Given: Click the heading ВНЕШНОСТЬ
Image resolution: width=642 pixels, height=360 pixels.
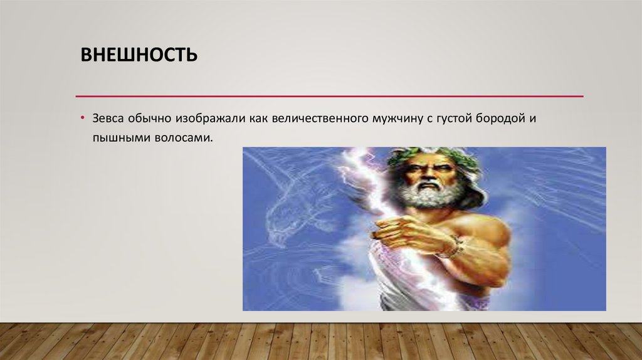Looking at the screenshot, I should coord(139,56).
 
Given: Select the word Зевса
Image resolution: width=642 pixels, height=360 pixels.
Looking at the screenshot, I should coord(108,119).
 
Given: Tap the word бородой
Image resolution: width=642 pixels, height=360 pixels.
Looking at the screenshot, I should coord(500,119).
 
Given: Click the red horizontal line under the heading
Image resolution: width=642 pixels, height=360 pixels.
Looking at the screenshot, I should coord(329,97).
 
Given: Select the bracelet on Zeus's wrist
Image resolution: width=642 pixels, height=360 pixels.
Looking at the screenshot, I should coord(450,247).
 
